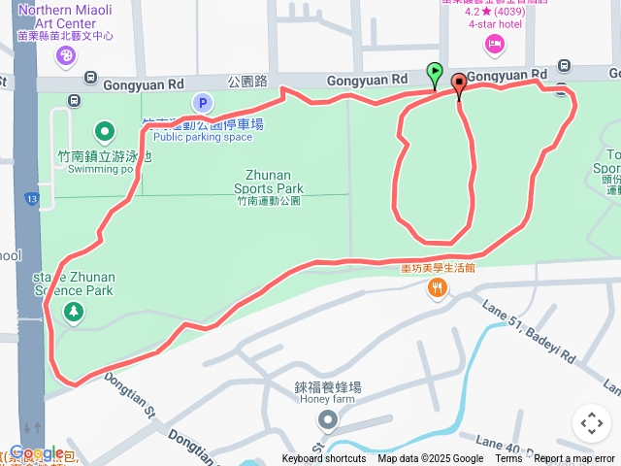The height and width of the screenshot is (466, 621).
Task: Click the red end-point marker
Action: tap(458, 85)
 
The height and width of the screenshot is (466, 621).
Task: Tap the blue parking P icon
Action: tap(203, 103)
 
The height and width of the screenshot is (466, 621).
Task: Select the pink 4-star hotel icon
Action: tap(495, 42)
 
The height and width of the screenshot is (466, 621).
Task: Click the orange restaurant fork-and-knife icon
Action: tap(439, 287)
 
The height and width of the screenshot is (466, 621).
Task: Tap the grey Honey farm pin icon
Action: tap(328, 420)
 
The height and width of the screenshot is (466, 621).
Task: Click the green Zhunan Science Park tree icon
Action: tap(73, 312)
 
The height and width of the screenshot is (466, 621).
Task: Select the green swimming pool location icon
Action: tap(104, 131)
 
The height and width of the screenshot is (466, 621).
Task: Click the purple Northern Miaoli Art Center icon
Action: tap(66, 56)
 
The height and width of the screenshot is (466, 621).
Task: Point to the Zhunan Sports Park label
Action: tap(269, 183)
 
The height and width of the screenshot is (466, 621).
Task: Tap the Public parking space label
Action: tap(202, 137)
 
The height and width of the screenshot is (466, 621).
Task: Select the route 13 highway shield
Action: tap(32, 198)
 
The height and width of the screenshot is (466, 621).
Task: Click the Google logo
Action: tap(36, 452)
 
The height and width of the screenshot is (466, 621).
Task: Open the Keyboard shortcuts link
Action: tap(324, 459)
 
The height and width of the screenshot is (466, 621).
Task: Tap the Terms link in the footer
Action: tap(508, 459)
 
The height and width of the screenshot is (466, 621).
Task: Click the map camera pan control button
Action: tap(591, 423)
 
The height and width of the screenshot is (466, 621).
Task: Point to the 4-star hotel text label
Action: tap(495, 24)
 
